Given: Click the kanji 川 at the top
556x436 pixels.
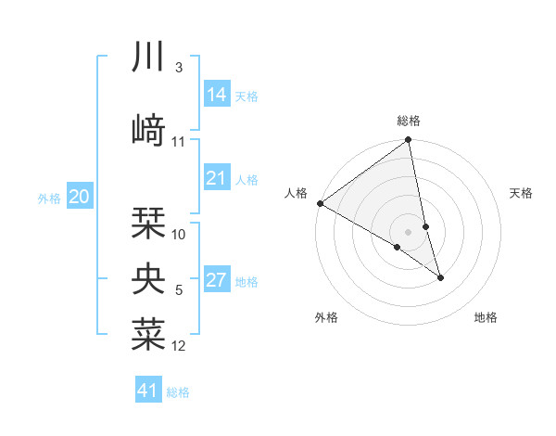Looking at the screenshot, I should coord(149,58).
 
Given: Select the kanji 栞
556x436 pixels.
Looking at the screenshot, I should coord(149,223).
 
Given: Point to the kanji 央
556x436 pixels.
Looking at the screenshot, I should coord(149,277).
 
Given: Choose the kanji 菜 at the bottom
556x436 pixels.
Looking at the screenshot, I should coord(149,334).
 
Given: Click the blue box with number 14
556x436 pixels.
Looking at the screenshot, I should coord(217,94).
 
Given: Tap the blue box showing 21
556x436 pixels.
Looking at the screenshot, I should coord(217,178).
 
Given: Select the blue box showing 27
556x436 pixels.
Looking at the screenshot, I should coord(217,280).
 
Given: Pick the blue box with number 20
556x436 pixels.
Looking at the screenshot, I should coord(80,196).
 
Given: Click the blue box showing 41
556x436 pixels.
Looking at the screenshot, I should coord(148,391).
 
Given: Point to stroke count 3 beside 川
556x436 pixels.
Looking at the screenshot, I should coord(178,68).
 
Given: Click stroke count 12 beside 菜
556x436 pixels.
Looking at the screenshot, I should coord(179,346).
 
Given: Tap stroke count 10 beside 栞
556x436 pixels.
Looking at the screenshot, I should coord(179,235).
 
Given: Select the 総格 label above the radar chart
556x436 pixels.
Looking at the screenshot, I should coord(409,121).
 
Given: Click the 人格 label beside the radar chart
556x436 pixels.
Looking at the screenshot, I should coord(297,193).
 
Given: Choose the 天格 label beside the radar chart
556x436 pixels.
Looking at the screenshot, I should coord(521,193).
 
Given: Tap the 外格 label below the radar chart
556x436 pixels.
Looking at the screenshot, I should coord(326,317).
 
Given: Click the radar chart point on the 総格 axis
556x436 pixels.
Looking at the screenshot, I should coord(408,141).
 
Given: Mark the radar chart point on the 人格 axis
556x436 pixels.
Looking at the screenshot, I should coord(320,203).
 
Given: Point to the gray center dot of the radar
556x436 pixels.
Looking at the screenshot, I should coord(408,231).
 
